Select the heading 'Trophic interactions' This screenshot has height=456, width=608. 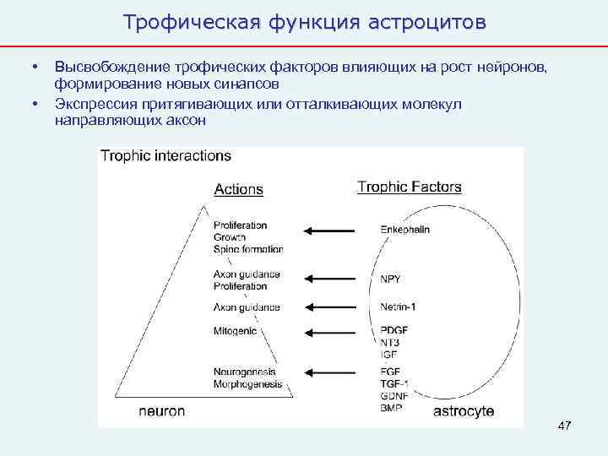click(x=166, y=156)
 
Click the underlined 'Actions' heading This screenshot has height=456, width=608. click(x=239, y=189)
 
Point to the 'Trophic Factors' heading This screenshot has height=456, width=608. click(x=409, y=187)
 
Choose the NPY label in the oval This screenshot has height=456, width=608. click(x=390, y=279)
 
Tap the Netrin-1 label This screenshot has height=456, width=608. click(x=398, y=307)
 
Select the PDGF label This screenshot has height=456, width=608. click(x=394, y=331)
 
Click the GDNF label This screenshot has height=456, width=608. click(x=395, y=396)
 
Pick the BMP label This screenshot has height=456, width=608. click(x=391, y=408)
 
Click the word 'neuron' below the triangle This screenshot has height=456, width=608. click(x=163, y=411)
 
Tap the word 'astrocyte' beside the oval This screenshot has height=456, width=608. click(x=464, y=411)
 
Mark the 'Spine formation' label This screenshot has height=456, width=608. click(x=248, y=249)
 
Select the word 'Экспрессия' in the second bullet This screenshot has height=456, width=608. click(x=93, y=104)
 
